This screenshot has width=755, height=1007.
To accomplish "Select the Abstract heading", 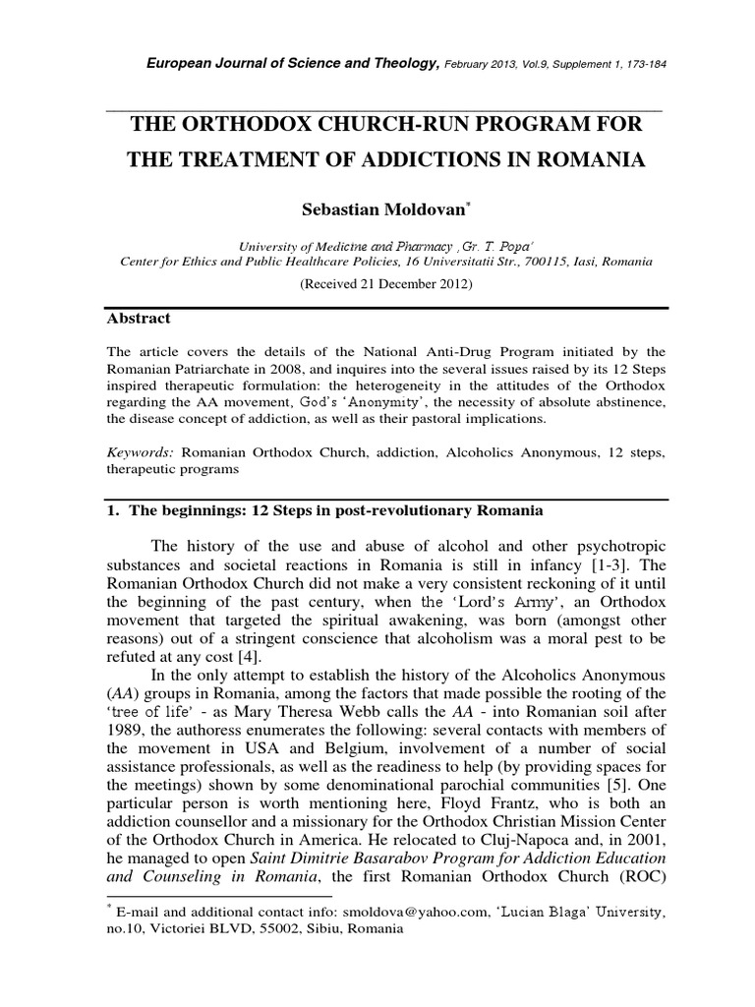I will (x=138, y=319).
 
